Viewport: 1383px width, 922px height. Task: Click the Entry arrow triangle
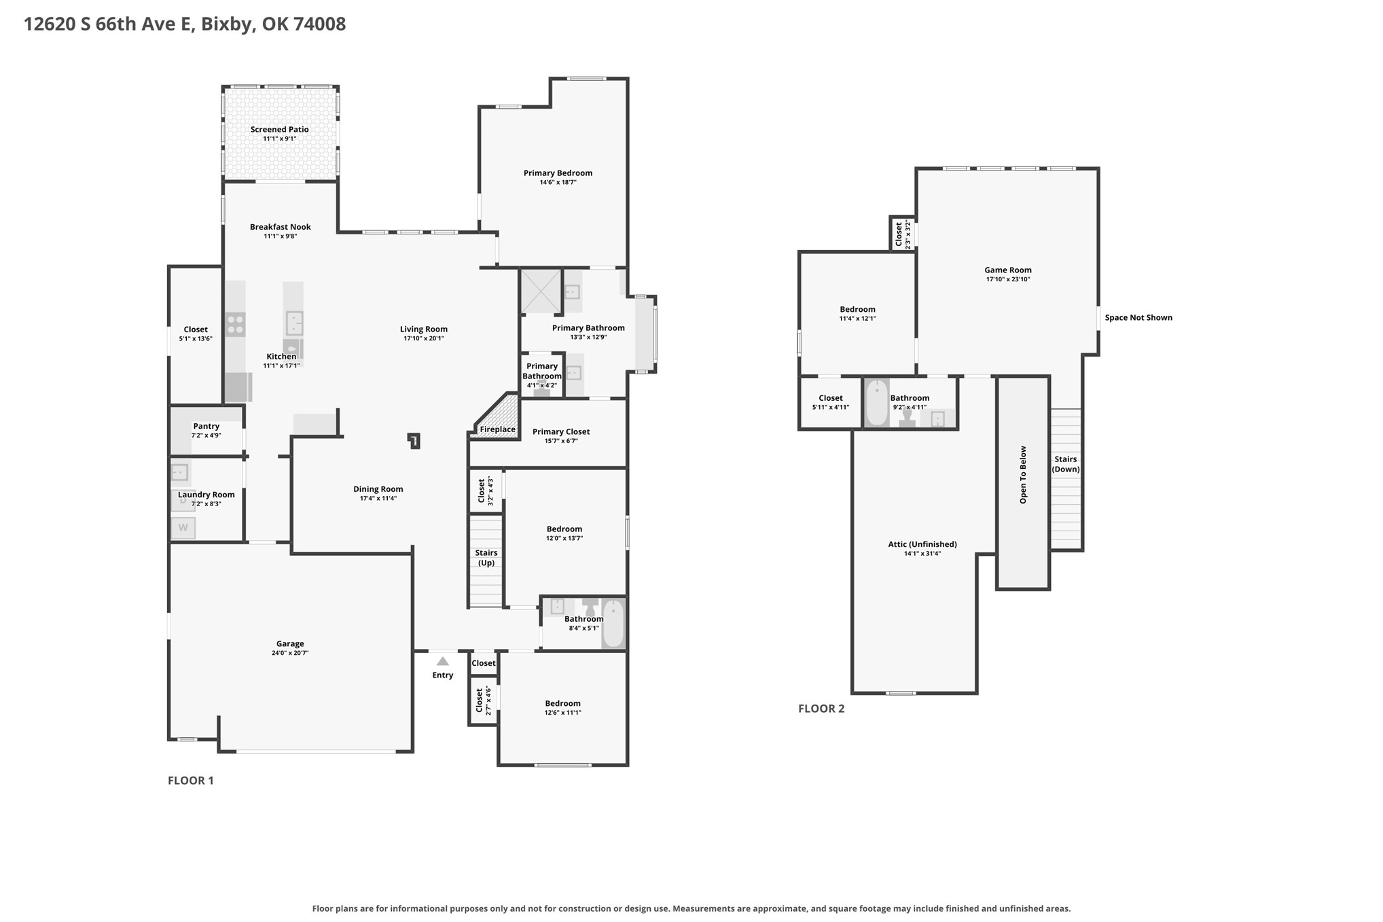point(443,661)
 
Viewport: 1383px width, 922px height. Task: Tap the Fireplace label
point(498,429)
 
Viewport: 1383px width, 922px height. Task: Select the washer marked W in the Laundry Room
point(183,528)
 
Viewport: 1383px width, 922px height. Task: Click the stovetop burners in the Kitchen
point(236,325)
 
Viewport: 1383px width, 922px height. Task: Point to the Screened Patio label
point(280,129)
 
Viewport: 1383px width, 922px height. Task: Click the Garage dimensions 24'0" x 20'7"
point(290,654)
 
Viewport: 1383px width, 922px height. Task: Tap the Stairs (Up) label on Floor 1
point(486,558)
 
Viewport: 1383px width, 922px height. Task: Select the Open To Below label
point(1023,474)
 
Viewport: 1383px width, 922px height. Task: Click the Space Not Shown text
point(1138,317)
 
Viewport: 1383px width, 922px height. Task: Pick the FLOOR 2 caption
point(821,709)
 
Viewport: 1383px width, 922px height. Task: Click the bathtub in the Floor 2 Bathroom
point(877,403)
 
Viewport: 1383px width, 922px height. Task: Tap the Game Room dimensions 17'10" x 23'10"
point(1008,279)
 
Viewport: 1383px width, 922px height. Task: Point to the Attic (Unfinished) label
point(922,544)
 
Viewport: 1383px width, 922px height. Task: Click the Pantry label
point(206,426)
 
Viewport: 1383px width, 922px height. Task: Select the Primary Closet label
point(561,431)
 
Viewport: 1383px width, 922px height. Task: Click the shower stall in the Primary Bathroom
point(541,291)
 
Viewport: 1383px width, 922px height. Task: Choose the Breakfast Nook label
point(281,227)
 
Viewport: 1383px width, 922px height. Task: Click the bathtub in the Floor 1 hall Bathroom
point(613,624)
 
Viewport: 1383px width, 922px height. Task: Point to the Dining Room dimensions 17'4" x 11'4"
point(378,499)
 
